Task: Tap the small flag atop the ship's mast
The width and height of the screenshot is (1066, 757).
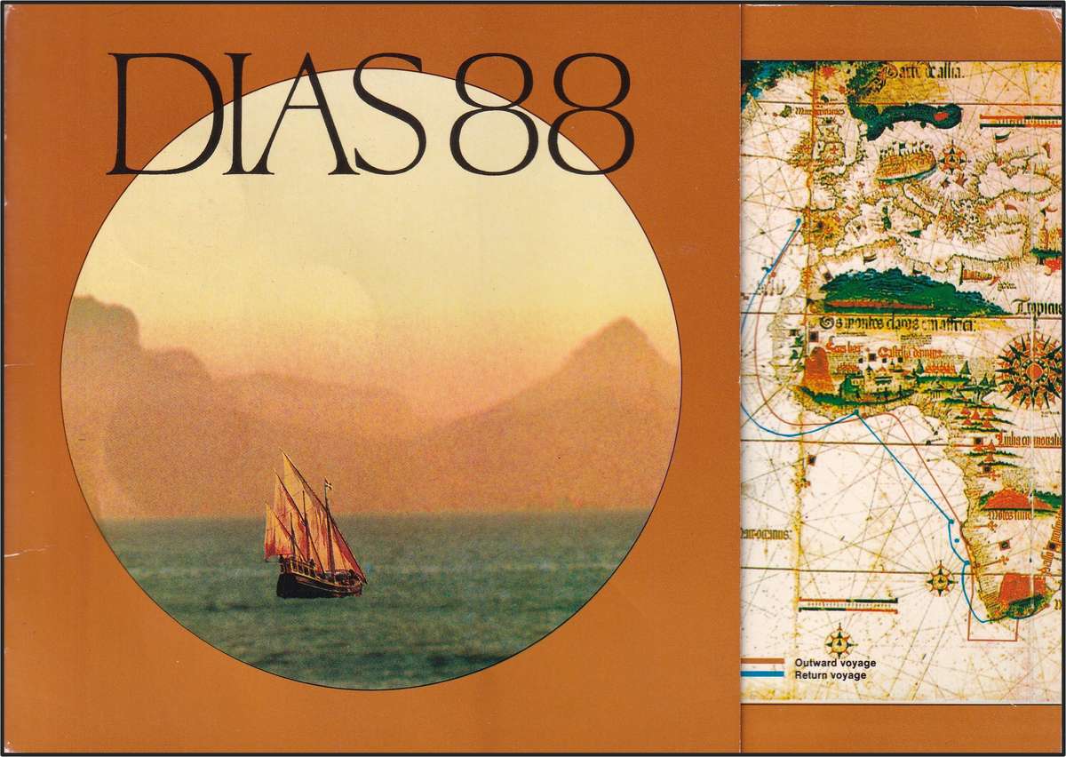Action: [328, 485]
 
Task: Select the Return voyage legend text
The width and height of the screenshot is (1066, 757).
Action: [831, 675]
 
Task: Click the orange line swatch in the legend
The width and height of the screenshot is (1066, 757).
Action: [762, 662]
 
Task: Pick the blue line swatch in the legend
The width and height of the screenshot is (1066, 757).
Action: [762, 674]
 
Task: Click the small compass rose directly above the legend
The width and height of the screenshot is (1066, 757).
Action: [839, 641]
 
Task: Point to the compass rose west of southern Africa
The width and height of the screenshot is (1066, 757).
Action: [941, 580]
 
